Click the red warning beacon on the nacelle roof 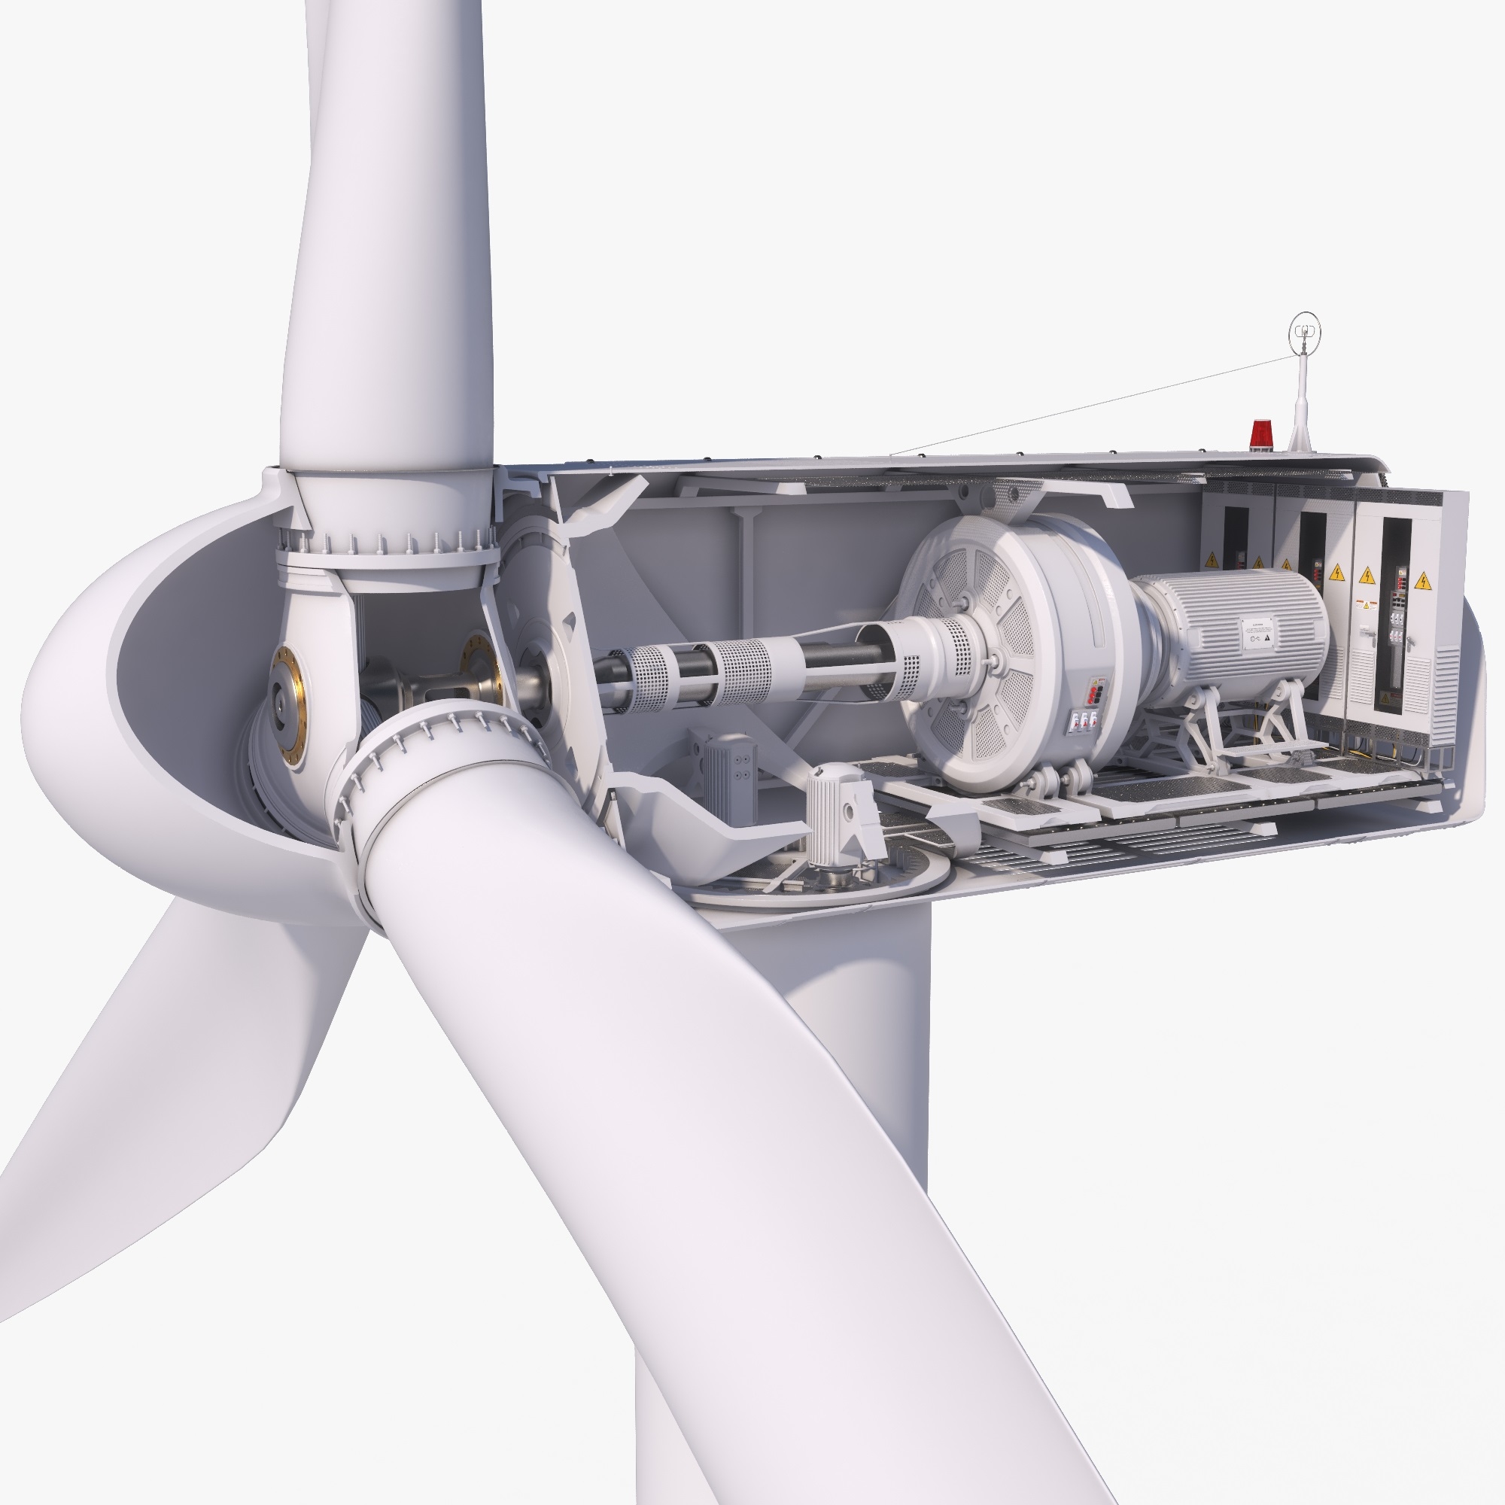coord(1260,434)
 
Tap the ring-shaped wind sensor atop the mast coord(1305,331)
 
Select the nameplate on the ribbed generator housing coord(1257,632)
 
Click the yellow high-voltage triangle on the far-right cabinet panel coord(1422,580)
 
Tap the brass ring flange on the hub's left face coord(288,706)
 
